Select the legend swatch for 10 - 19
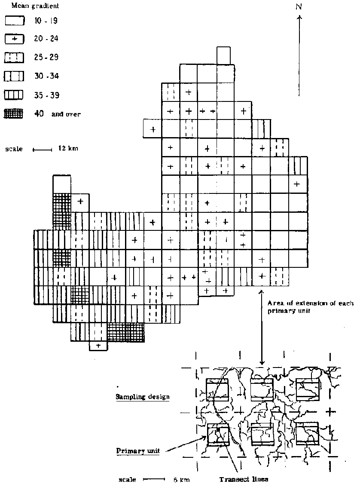click(14, 21)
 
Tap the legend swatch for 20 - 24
click(14, 39)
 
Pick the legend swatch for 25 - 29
click(14, 58)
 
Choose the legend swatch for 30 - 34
click(14, 76)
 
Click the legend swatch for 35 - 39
click(14, 95)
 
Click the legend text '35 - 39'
click(46, 95)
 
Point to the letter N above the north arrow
click(298, 6)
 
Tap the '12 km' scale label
click(68, 148)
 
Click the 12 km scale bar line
click(43, 150)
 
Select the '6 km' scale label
click(181, 479)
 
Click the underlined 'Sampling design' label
click(143, 397)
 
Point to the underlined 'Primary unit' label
click(138, 450)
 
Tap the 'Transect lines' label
click(244, 479)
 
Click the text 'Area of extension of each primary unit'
click(310, 307)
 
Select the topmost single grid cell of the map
click(223, 55)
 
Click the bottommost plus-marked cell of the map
click(98, 346)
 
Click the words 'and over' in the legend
click(66, 114)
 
